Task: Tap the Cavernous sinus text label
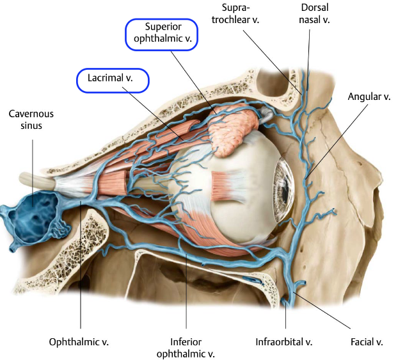point(32,119)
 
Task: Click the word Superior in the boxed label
point(160,28)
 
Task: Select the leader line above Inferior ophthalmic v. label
point(186,288)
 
